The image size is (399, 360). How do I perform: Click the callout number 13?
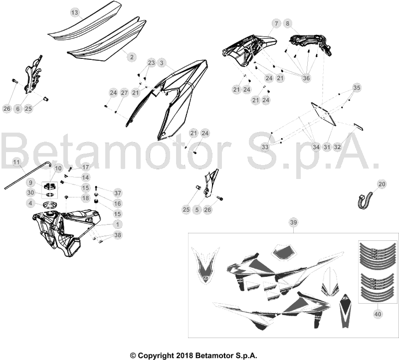pos(74,12)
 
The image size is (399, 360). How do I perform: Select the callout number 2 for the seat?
pos(132,57)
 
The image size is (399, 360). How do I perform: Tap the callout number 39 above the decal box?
pos(293,222)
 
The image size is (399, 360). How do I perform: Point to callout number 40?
pos(378,314)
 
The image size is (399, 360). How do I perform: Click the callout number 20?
pos(382,184)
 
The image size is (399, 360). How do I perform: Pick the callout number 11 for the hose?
pos(16,163)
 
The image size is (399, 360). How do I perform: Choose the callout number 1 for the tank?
pos(117,224)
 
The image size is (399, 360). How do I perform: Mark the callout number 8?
pos(288,23)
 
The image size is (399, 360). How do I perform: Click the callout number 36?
pos(306,78)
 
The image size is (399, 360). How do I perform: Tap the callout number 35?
pos(357,88)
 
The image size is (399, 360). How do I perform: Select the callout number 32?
pos(338,147)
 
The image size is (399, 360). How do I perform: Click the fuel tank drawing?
pos(67,231)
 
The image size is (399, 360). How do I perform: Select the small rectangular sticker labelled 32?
pos(358,127)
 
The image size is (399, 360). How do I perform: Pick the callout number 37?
pos(118,193)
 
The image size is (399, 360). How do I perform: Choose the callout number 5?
pos(197,209)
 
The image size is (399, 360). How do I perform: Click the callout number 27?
pos(124,93)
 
